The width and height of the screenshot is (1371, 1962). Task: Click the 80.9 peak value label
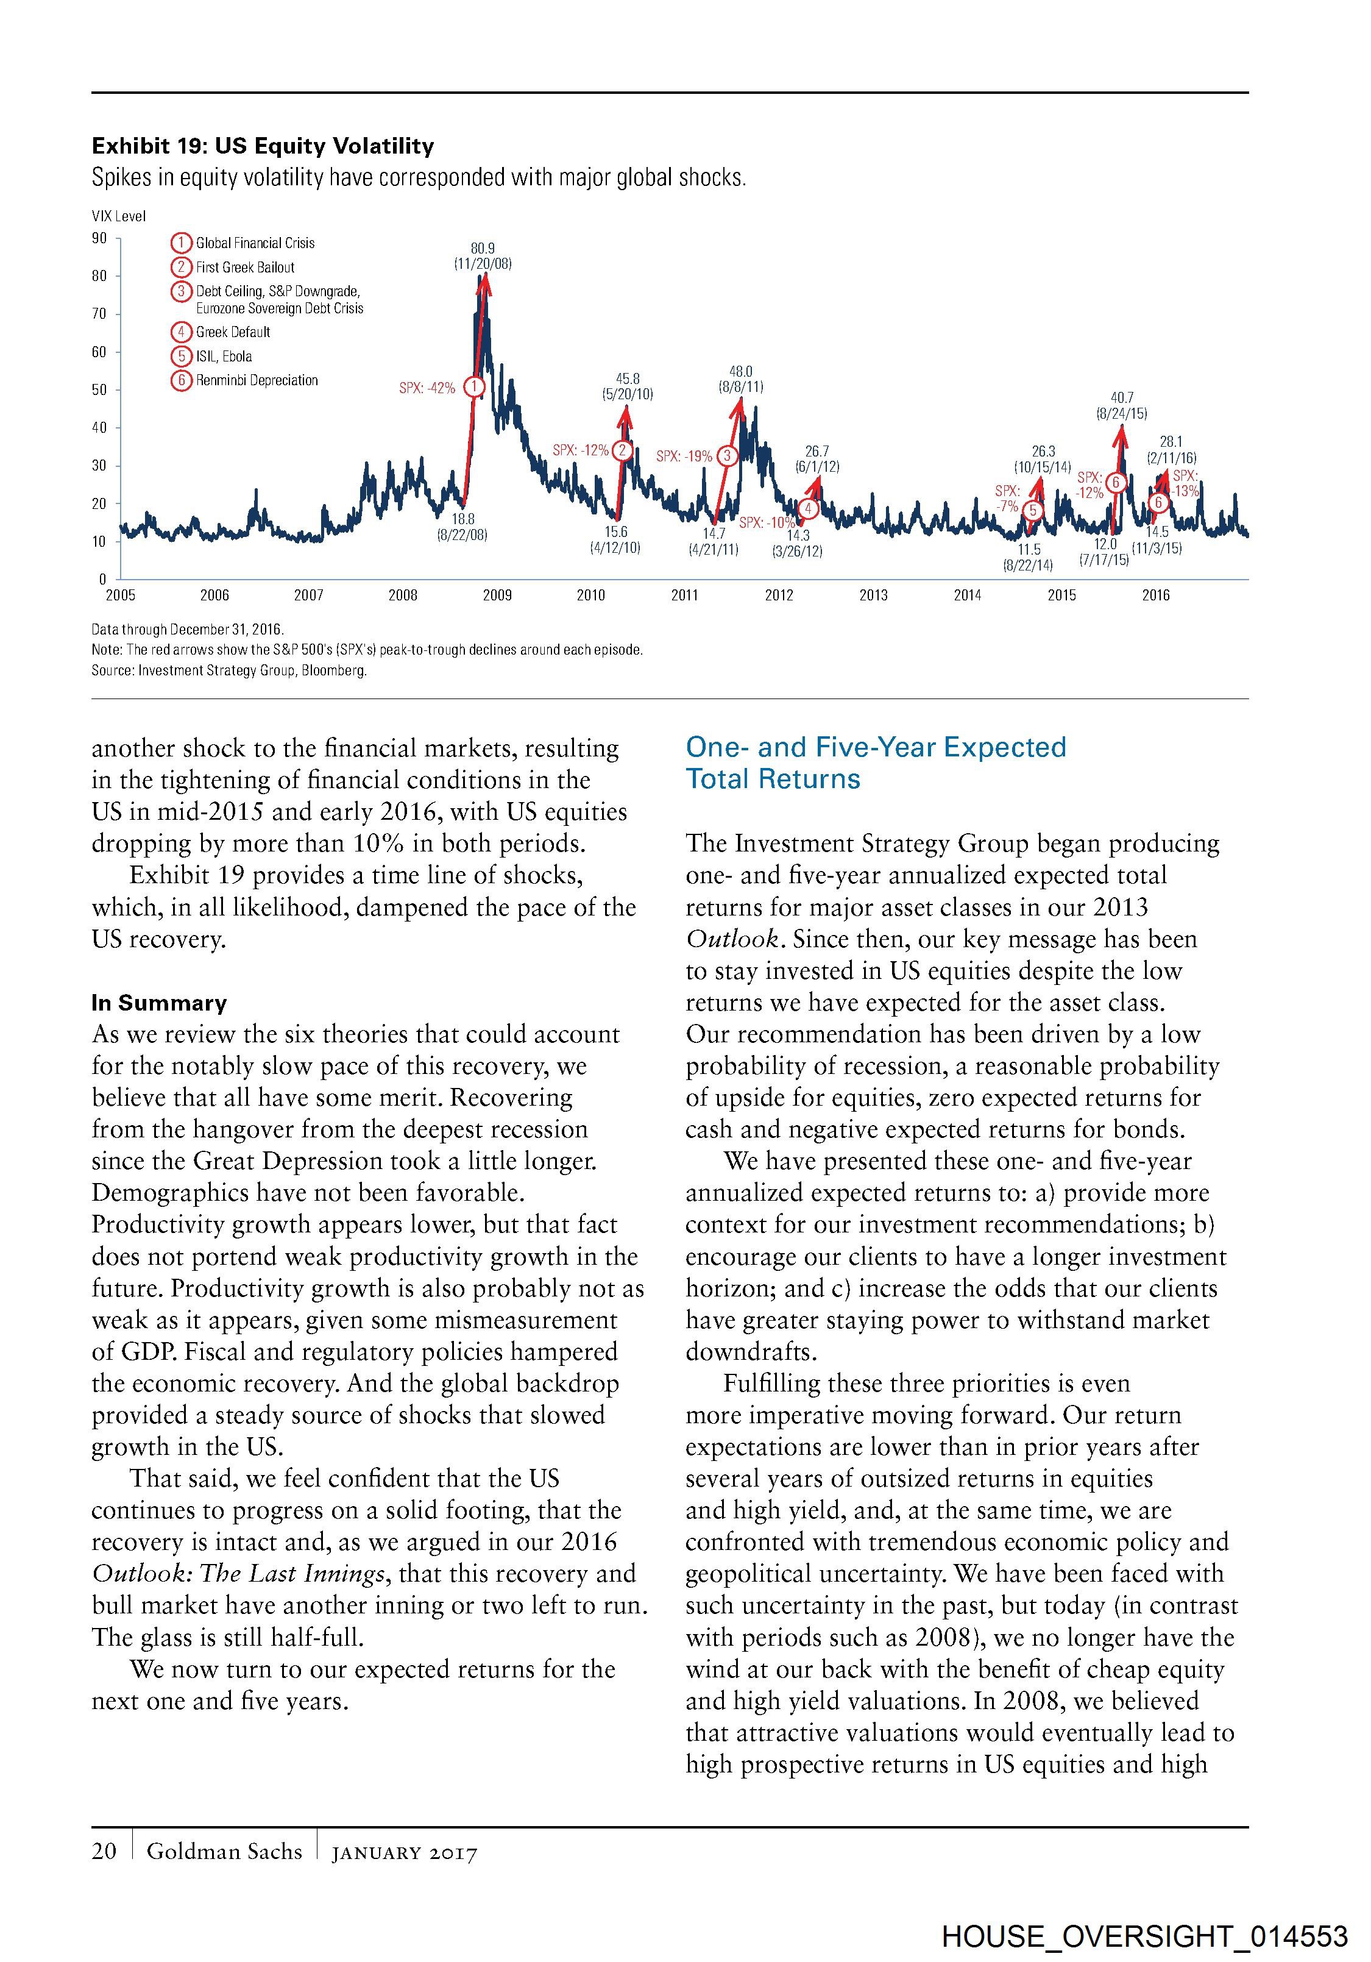483,248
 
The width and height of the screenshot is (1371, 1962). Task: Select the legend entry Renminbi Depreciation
257,380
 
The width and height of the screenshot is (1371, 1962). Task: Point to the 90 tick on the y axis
100,238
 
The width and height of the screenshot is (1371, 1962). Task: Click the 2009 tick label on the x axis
497,595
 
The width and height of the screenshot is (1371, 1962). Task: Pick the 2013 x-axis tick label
873,595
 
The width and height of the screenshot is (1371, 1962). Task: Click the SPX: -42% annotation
427,388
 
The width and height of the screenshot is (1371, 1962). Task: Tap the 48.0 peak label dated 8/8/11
740,372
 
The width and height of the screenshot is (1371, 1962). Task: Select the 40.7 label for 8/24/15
1122,398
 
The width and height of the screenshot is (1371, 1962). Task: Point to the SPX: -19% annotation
683,457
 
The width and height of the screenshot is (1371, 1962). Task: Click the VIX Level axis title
119,216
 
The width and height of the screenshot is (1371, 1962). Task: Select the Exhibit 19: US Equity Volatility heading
263,146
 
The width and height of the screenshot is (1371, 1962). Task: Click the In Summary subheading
159,1003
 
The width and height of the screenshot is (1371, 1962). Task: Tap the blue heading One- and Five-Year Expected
876,747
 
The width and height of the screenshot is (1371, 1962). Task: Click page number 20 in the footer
104,1851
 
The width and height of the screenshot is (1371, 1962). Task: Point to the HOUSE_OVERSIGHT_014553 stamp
1145,1936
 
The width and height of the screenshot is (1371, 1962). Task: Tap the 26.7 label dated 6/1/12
818,451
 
